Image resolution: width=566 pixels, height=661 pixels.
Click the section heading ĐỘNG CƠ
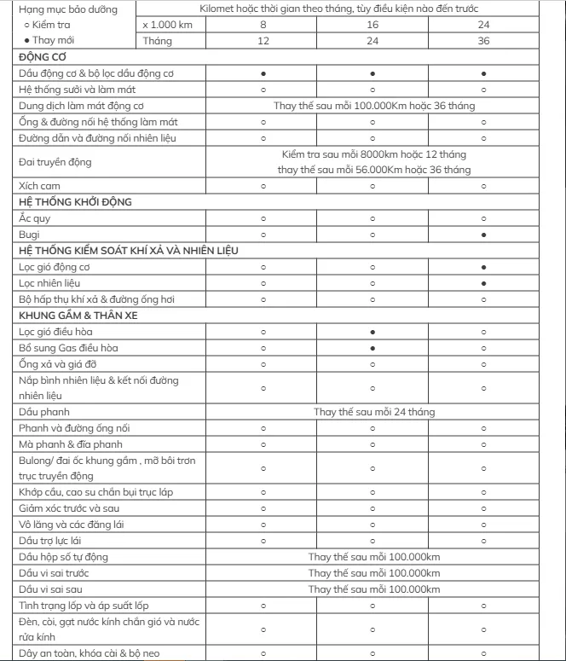click(x=43, y=56)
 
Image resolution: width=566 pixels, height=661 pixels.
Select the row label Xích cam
click(x=39, y=186)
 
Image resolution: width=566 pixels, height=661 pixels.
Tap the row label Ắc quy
click(x=34, y=218)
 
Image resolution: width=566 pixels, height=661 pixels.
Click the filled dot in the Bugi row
click(x=483, y=235)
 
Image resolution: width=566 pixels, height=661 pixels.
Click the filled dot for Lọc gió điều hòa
click(x=373, y=332)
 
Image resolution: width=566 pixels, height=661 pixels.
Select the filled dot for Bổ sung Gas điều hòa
click(x=373, y=348)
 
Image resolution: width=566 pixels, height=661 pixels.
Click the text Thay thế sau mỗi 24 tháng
click(x=373, y=412)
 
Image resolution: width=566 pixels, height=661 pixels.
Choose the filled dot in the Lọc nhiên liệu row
click(x=483, y=283)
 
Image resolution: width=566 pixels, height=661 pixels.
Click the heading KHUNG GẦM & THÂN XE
click(x=78, y=316)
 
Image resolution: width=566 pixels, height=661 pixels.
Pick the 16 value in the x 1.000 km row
click(x=373, y=25)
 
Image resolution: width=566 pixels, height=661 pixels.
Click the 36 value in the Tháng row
click(x=483, y=41)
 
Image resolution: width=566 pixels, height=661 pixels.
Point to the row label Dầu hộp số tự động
click(x=63, y=557)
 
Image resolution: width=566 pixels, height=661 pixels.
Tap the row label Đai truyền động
click(x=55, y=161)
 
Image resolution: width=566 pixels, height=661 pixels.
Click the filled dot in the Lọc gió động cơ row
click(x=483, y=267)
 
